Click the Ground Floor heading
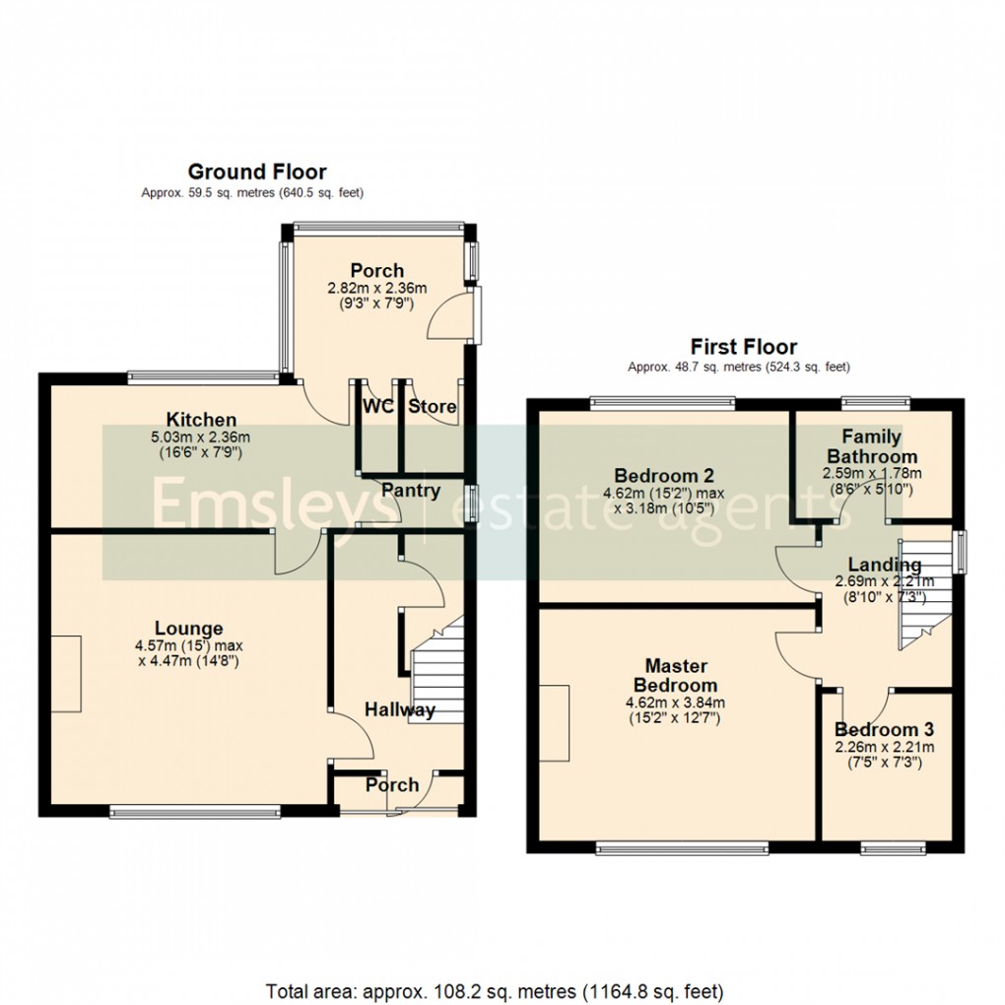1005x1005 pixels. pos(256,172)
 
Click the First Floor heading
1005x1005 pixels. pos(743,347)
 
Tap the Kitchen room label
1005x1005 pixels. pos(201,421)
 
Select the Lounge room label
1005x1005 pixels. pos(188,629)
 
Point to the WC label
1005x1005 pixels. pos(377,406)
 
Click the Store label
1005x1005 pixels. pos(433,406)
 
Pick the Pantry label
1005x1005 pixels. pos(411,491)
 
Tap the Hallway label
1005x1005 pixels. pos(400,709)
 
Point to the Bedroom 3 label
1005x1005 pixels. pos(884,730)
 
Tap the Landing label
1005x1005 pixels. pos(885,565)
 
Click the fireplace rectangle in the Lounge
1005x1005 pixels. pos(67,674)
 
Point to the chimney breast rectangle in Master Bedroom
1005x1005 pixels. pos(554,722)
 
